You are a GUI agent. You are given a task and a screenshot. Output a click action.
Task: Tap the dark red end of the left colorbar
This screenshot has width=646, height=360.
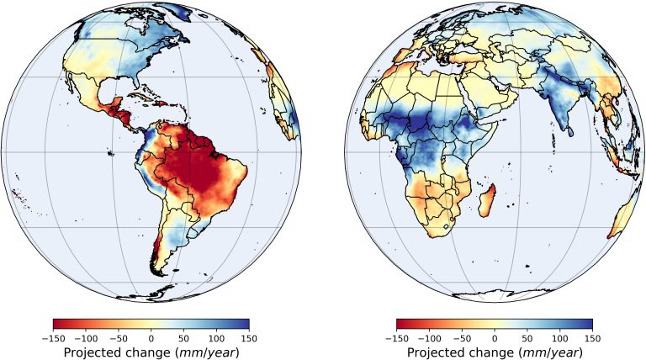[x=56, y=323]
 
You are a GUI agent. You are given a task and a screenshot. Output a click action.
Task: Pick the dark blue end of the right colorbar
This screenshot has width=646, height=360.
[x=589, y=323]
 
